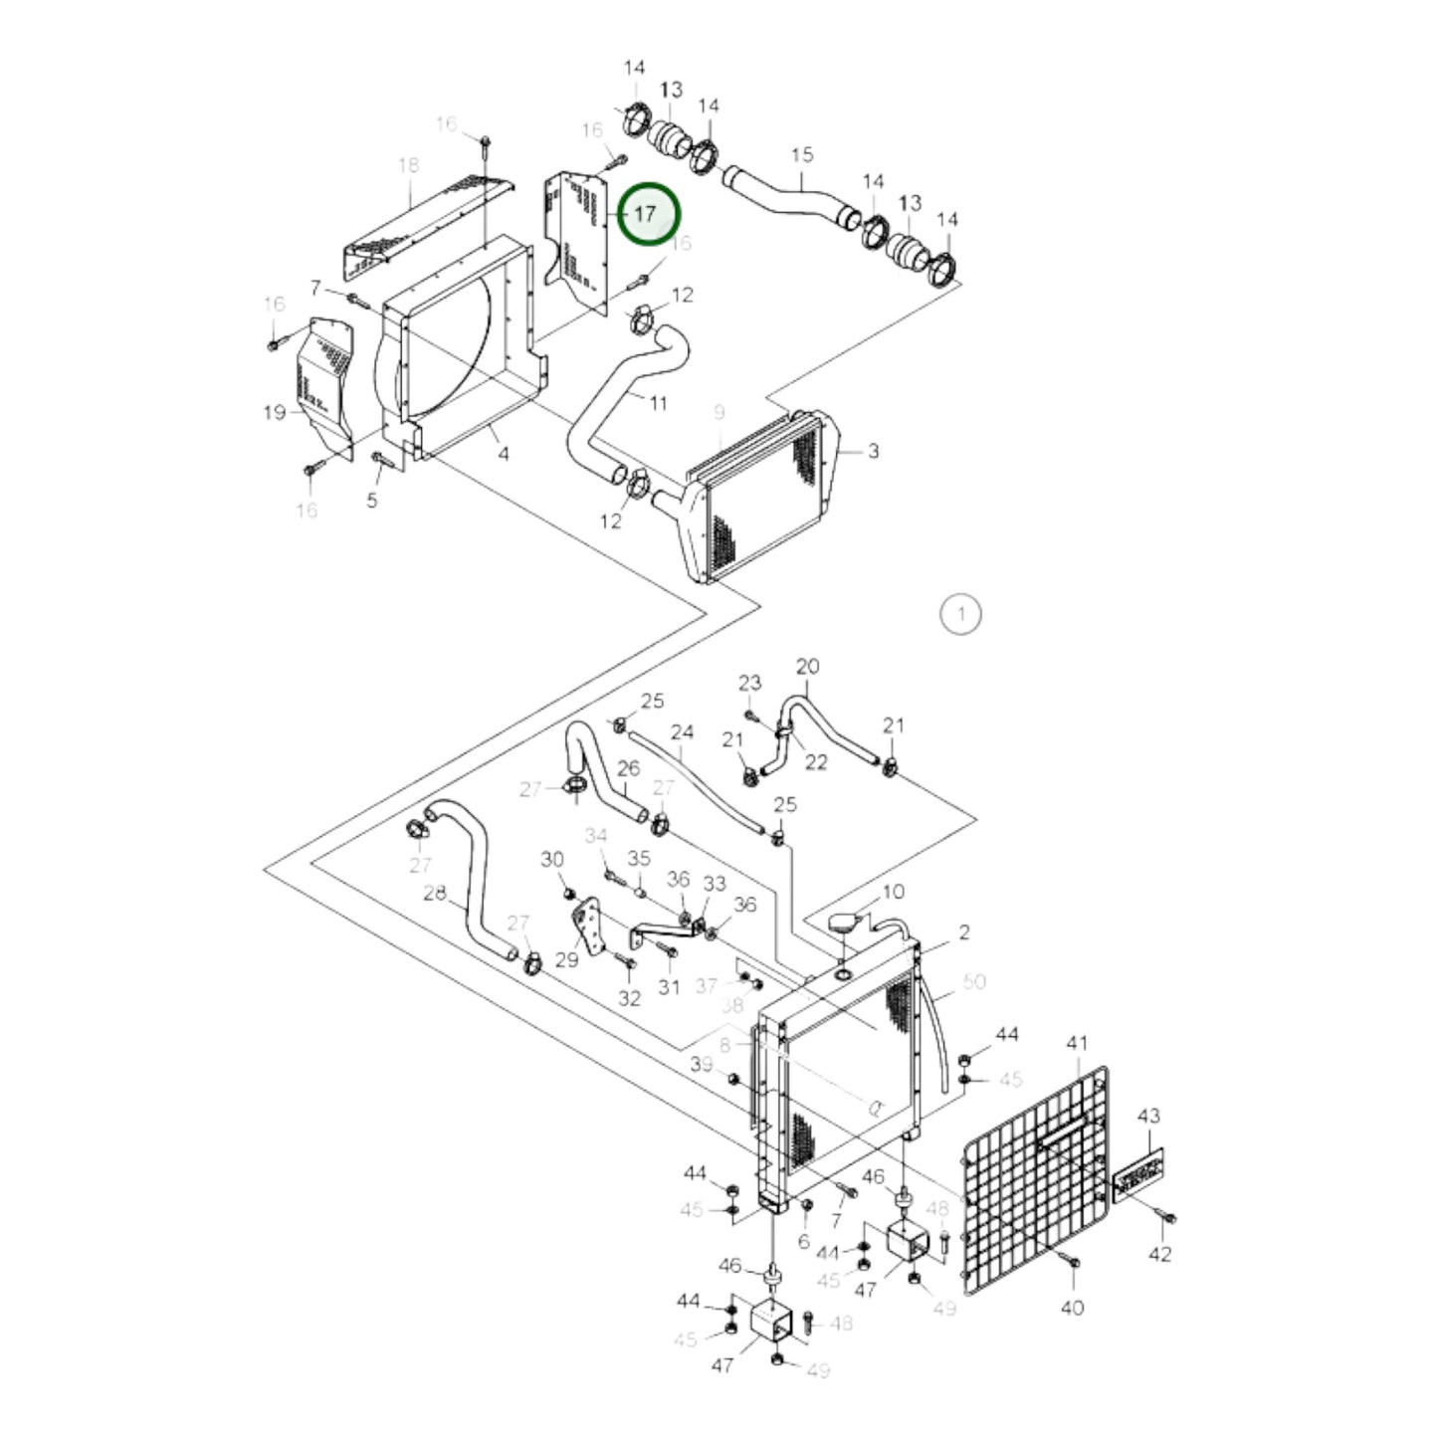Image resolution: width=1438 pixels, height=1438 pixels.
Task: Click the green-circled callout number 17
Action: (647, 214)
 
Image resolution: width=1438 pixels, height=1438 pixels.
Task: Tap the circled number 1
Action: (960, 614)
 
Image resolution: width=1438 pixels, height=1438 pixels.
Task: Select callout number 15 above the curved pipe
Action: (802, 155)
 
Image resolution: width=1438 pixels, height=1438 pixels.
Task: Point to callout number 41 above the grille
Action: (1077, 1044)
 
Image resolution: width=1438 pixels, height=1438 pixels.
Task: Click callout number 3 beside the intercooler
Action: (873, 451)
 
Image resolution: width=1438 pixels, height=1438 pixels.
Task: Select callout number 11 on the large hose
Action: (658, 403)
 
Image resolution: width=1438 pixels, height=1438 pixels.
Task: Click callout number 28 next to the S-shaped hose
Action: (435, 894)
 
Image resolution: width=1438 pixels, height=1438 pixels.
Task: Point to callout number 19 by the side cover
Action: (276, 412)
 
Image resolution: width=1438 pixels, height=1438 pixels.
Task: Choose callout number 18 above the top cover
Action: (409, 165)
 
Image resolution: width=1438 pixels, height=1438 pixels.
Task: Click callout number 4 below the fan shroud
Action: (504, 454)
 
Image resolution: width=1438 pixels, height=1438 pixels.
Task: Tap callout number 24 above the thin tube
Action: (682, 733)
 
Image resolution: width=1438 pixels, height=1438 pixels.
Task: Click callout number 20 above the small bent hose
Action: (807, 666)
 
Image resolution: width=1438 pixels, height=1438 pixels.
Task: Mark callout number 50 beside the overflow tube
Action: (974, 981)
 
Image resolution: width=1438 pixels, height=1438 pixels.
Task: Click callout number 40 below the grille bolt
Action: (1072, 1308)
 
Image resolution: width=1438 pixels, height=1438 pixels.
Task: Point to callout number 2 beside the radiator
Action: (964, 932)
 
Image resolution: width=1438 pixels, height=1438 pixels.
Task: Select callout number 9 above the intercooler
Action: (719, 412)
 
